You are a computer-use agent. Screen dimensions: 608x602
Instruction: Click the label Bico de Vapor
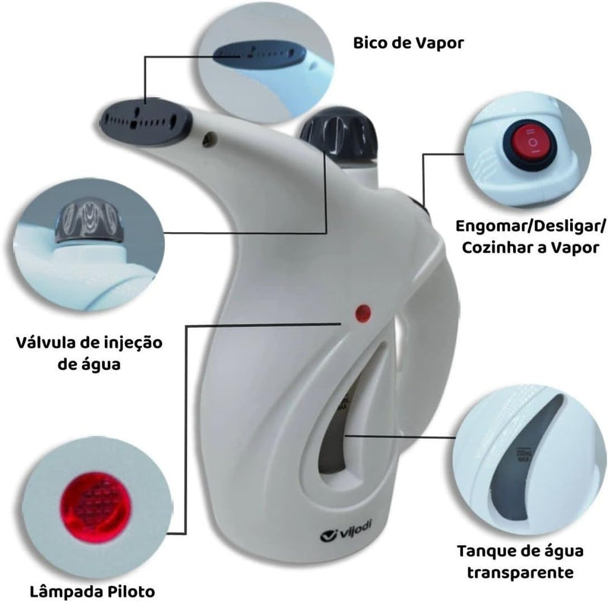click(x=408, y=43)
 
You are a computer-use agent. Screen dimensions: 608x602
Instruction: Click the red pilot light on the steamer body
click(x=363, y=313)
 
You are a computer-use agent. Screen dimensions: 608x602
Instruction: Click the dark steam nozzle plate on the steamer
click(x=146, y=121)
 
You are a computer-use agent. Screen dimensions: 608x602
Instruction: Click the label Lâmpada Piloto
click(x=92, y=591)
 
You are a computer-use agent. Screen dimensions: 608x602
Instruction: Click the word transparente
click(x=521, y=572)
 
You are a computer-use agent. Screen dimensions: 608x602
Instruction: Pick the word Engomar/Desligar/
click(x=530, y=226)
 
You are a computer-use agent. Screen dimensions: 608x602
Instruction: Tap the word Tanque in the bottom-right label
click(x=486, y=551)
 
